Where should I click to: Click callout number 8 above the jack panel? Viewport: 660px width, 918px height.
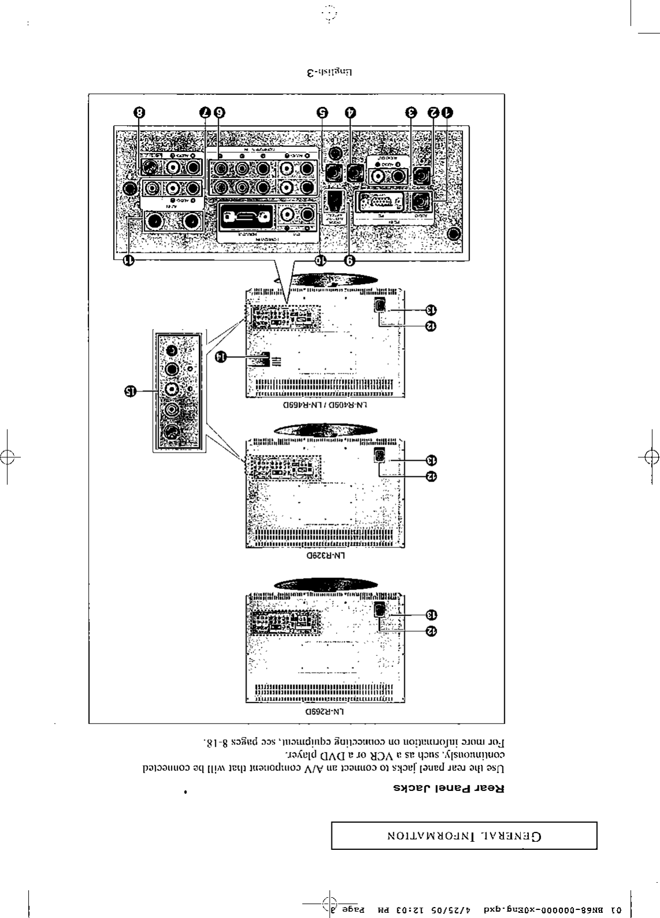[x=139, y=112]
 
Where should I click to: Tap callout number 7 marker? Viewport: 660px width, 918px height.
[x=206, y=112]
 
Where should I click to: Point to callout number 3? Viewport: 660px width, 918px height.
[x=411, y=112]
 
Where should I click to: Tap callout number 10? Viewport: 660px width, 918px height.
[x=322, y=260]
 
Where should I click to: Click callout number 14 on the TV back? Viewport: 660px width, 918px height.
[x=221, y=357]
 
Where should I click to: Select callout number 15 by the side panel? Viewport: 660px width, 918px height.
[x=130, y=391]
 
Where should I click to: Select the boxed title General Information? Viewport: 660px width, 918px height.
[x=464, y=835]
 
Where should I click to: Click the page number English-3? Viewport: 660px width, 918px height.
[x=329, y=73]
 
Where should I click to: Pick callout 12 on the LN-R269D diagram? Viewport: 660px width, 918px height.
[x=431, y=632]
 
